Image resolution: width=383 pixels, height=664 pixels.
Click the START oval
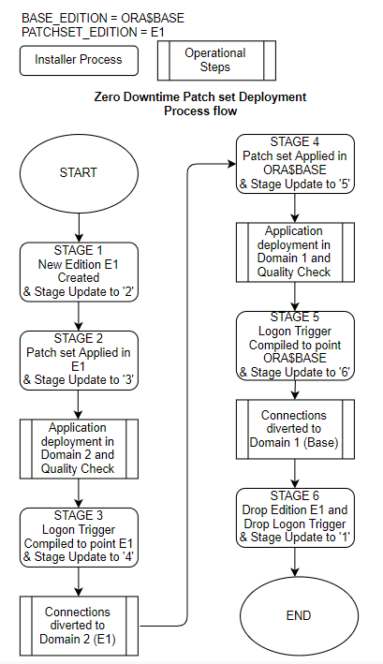point(78,173)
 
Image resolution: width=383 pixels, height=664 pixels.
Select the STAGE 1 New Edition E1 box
point(78,270)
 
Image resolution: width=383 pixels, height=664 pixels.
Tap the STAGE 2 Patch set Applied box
point(78,360)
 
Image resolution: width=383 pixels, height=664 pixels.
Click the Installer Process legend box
point(78,60)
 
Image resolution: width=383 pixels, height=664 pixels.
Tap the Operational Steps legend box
point(214,60)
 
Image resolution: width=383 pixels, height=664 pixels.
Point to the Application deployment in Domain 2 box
point(78,448)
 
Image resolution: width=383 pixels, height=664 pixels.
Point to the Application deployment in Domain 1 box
point(295,252)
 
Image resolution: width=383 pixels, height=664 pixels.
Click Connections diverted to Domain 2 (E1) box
point(78,625)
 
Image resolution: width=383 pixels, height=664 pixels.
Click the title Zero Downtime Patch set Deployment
point(200,97)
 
